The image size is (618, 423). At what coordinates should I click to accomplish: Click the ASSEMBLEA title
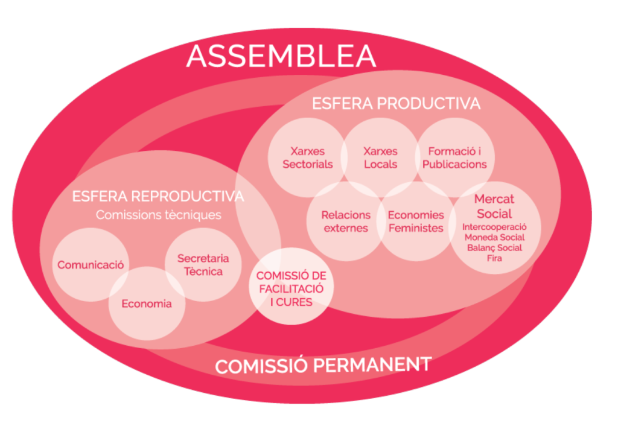(281, 56)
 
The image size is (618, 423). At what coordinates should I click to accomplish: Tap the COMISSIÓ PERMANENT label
(323, 365)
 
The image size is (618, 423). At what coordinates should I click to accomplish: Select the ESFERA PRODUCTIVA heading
(396, 103)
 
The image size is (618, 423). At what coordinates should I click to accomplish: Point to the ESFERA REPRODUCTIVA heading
(158, 196)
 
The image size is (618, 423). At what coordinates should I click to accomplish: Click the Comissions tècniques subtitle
(158, 215)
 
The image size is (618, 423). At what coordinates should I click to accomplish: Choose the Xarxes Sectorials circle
(307, 157)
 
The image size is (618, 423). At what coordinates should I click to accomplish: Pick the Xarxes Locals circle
(380, 157)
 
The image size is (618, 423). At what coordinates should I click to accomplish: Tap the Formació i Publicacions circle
(454, 157)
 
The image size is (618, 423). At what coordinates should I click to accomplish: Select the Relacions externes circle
(346, 221)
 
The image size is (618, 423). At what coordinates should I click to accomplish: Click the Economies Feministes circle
(415, 221)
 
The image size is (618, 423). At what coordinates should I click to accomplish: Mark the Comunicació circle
(91, 264)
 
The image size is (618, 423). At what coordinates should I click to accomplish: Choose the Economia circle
(146, 304)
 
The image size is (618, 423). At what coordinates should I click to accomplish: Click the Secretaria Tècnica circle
(203, 265)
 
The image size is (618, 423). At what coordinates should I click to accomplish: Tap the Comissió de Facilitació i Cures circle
(291, 288)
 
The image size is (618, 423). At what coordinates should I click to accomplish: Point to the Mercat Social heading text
(494, 206)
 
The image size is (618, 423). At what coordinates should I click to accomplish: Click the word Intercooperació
(494, 227)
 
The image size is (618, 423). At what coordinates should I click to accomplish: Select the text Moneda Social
(494, 237)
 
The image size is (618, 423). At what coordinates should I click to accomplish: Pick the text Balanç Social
(494, 247)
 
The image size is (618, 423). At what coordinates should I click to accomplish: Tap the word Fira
(494, 258)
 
